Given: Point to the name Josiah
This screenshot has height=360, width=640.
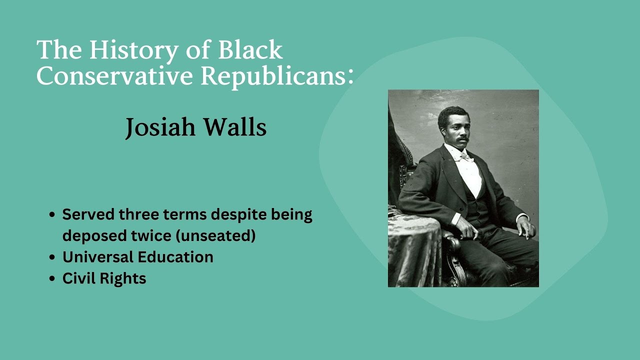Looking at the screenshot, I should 160,127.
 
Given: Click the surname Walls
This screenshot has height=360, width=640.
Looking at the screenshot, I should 234,127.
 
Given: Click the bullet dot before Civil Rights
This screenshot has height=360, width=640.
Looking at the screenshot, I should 52,278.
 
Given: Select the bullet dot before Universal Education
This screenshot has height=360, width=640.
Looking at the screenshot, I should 52,257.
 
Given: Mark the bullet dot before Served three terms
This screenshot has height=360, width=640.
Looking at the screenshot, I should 52,215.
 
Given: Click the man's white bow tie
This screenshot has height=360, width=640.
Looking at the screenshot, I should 466,156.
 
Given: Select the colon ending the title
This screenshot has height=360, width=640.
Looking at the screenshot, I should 350,76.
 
